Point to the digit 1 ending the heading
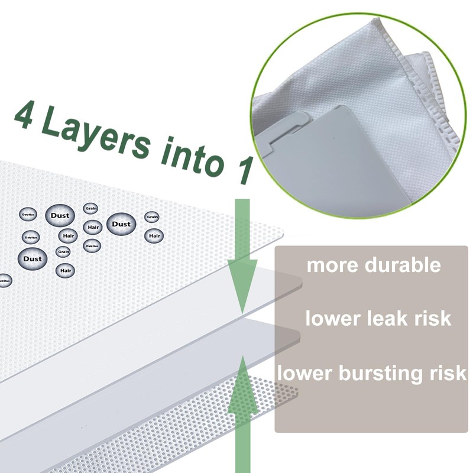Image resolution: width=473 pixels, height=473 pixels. [239, 166]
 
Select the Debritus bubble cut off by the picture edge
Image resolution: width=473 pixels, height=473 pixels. [4, 280]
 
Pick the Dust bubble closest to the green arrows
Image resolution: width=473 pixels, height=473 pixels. [121, 224]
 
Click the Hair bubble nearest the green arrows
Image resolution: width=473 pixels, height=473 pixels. [154, 236]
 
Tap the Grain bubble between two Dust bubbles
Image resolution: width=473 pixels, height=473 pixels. [91, 208]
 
